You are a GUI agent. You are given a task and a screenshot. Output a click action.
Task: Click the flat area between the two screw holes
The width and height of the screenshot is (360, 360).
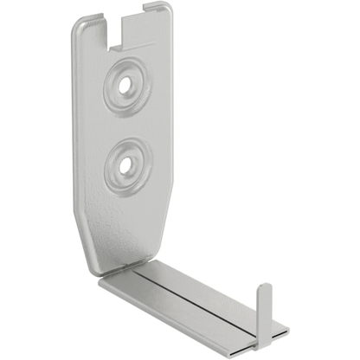point(130,125)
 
